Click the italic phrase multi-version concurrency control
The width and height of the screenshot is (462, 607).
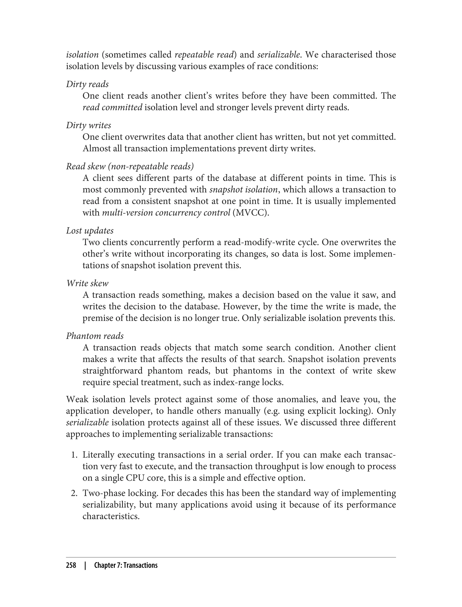pos(166,213)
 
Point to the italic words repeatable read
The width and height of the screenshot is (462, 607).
pos(204,55)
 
